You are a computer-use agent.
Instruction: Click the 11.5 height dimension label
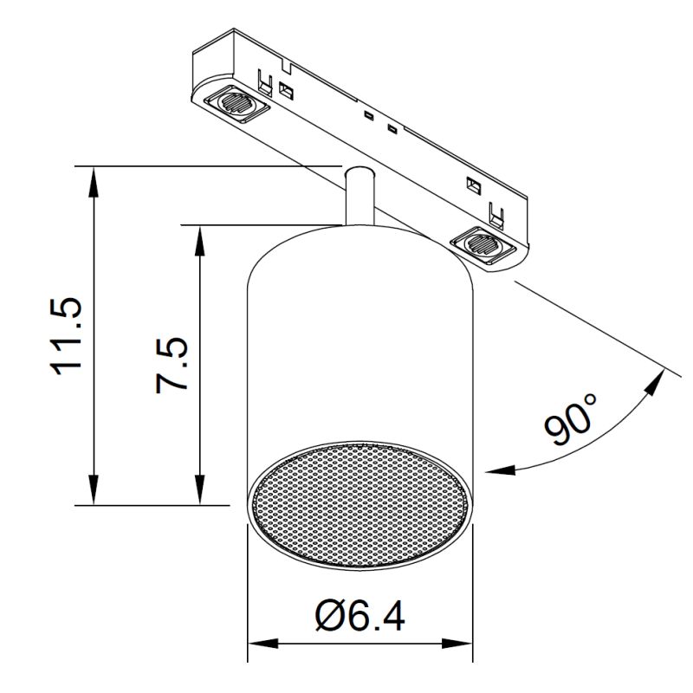click(x=67, y=336)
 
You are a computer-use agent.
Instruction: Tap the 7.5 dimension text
click(x=172, y=365)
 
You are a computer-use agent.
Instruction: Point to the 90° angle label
click(x=571, y=419)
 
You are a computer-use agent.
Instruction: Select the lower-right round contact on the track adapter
click(x=483, y=243)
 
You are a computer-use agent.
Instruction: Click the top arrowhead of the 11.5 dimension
click(x=94, y=181)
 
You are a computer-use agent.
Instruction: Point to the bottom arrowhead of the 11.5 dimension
click(x=94, y=489)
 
